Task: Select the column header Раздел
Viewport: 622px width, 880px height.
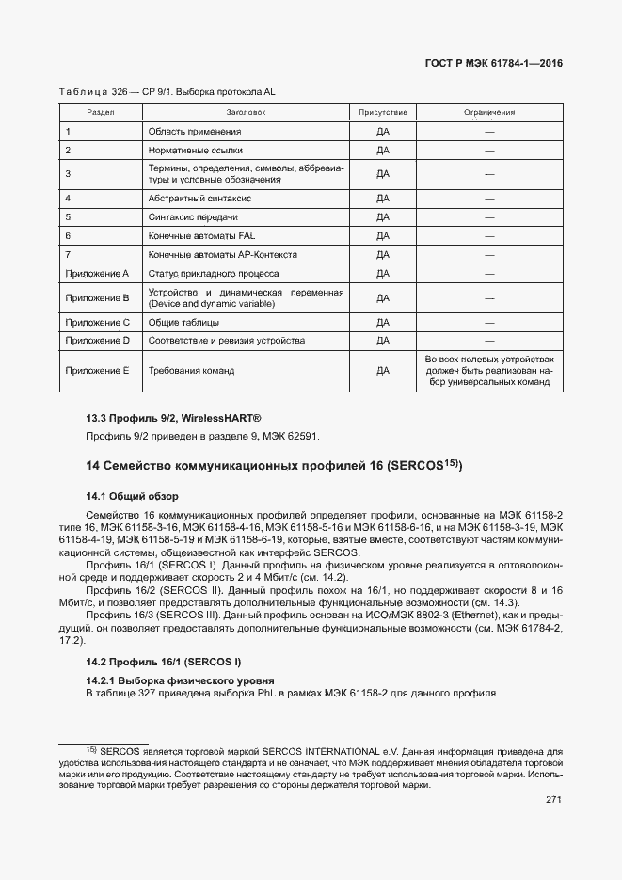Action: (x=100, y=113)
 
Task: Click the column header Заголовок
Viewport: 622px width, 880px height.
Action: (x=247, y=113)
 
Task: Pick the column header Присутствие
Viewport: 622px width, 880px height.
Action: (x=382, y=113)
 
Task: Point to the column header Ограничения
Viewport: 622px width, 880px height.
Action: (x=489, y=113)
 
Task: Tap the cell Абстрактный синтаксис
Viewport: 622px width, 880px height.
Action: (x=199, y=200)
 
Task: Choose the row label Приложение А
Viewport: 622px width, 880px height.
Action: (x=97, y=274)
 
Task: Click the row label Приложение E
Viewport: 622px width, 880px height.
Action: (x=97, y=371)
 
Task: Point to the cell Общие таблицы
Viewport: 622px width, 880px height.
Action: (x=181, y=323)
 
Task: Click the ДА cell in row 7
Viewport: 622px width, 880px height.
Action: (x=382, y=255)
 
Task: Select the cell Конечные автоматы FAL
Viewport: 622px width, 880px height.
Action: (x=201, y=236)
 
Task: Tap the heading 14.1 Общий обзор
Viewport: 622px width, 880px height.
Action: (x=132, y=495)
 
